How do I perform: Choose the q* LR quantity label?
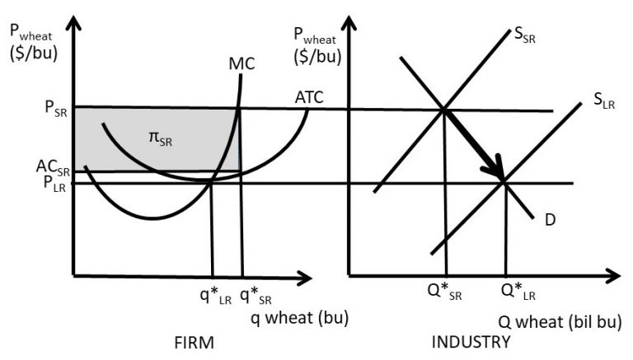(212, 295)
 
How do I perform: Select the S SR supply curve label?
(524, 34)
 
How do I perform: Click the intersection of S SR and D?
(444, 109)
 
